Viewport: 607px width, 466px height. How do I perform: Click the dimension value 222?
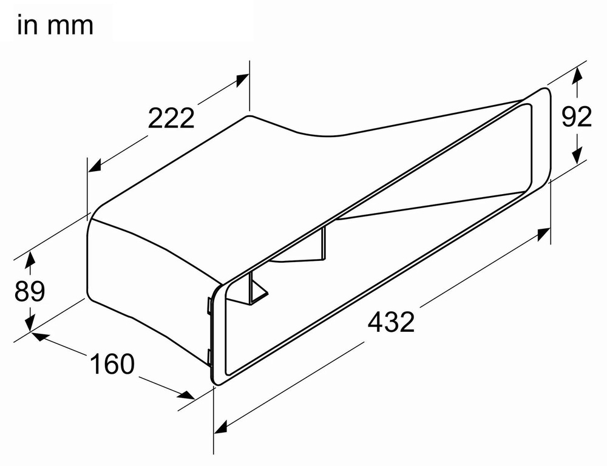[171, 118]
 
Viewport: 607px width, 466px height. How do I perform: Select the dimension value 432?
[391, 322]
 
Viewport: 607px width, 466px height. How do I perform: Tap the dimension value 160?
[112, 364]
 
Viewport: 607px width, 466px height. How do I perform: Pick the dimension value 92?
[576, 118]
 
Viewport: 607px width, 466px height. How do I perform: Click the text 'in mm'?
[55, 26]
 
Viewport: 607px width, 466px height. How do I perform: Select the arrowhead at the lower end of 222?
[95, 167]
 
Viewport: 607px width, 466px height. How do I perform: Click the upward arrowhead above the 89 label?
[29, 262]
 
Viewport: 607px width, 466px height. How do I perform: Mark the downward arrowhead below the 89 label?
[29, 323]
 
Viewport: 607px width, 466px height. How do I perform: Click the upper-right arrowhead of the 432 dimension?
[544, 234]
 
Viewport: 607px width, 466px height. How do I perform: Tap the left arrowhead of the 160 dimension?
[38, 334]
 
